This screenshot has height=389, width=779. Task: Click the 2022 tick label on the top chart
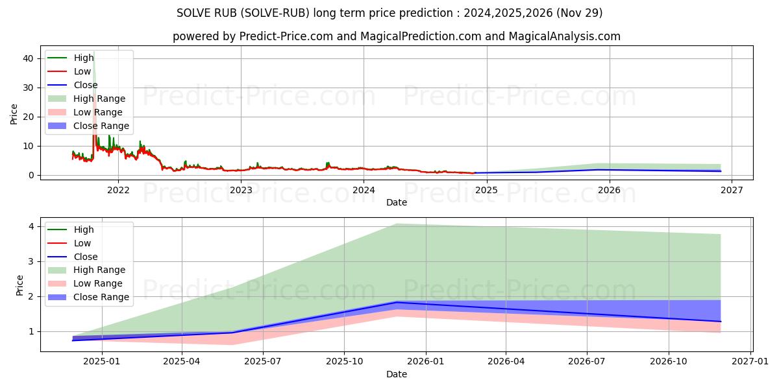(x=118, y=190)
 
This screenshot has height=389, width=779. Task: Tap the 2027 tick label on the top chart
(x=732, y=190)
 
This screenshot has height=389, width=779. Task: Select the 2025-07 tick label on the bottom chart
(x=263, y=362)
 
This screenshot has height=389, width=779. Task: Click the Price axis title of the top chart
(x=14, y=114)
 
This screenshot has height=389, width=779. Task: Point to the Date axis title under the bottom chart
(x=397, y=374)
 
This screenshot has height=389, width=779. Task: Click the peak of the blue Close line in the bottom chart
(x=397, y=302)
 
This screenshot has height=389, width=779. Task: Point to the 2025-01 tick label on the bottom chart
(x=102, y=362)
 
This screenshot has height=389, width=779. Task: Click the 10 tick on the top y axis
(x=29, y=146)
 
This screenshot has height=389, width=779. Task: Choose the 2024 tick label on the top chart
(x=364, y=190)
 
